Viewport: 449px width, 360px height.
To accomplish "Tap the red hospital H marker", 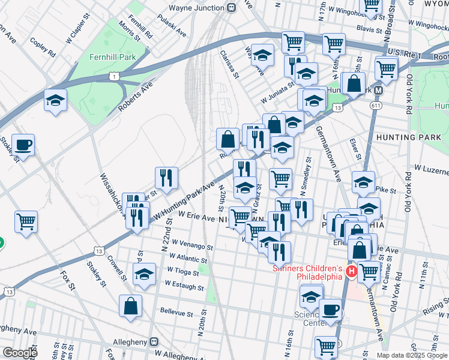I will coord(351,272).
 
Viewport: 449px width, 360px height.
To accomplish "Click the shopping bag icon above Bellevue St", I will coord(130,307).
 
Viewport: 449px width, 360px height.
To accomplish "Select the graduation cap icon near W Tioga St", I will coord(144,275).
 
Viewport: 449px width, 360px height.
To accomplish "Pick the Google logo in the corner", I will coord(19,352).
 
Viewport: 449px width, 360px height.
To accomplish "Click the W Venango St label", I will coord(192,246).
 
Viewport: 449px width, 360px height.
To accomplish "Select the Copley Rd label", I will coord(43,49).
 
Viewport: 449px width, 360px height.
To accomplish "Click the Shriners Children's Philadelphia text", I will coord(307,272).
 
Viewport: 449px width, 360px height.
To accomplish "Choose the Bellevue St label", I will coord(176,313).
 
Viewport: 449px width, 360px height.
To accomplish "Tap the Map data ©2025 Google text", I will coord(411,355).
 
